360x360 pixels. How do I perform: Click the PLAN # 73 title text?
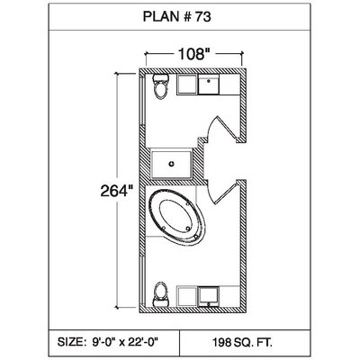tap(176, 16)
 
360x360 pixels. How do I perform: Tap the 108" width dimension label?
tap(193, 54)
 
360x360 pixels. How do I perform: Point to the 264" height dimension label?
tap(117, 191)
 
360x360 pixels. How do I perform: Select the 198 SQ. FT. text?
tap(242, 342)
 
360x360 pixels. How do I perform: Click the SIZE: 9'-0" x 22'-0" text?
tap(108, 341)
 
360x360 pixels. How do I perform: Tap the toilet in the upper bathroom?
tap(160, 86)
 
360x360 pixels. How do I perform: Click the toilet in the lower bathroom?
tap(160, 294)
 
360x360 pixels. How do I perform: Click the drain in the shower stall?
tap(172, 164)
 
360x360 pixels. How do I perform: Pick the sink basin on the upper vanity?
tap(209, 85)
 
